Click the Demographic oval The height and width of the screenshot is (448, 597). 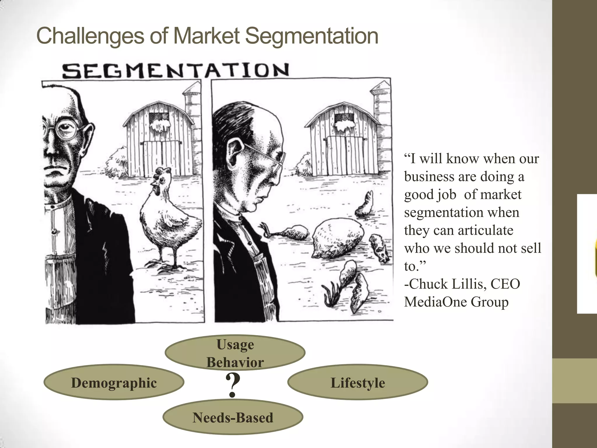pos(114,382)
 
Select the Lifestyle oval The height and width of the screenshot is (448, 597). pos(357,382)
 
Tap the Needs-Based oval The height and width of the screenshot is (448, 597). pos(233,417)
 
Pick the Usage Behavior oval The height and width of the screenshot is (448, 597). pos(235,353)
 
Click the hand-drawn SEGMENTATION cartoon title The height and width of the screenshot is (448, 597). pos(176,71)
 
